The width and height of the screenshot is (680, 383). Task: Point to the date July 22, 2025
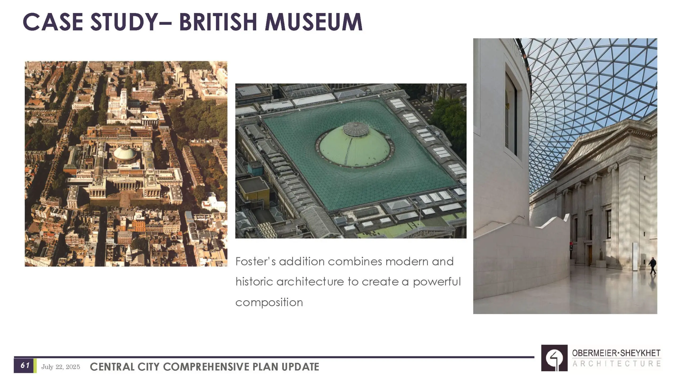61,367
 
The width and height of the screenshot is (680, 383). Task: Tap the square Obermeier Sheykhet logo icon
554,358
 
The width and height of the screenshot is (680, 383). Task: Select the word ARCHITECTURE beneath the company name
616,364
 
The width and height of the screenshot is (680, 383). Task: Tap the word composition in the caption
269,302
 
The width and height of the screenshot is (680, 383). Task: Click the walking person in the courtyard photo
652,265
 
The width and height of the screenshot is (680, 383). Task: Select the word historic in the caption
254,282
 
